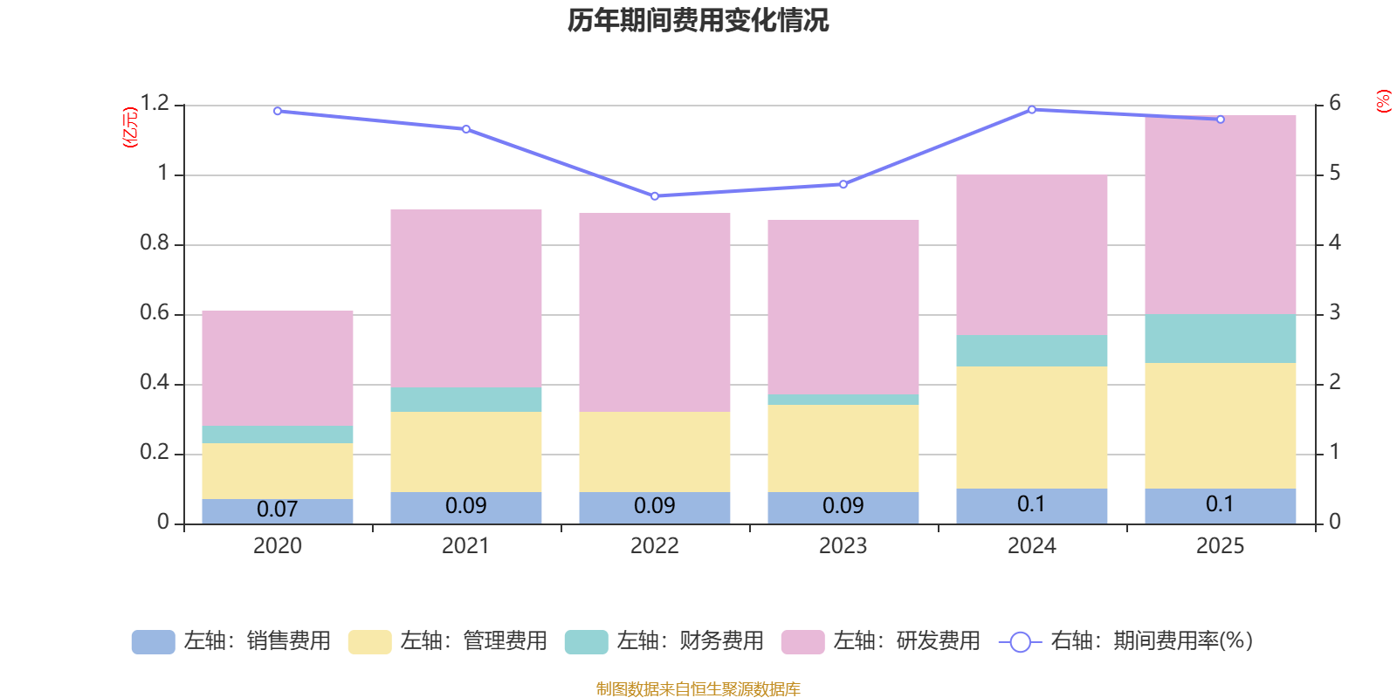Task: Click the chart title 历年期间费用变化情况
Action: click(698, 20)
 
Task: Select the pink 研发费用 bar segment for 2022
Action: click(654, 312)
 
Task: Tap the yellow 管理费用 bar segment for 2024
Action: click(1031, 428)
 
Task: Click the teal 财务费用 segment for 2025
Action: click(1220, 339)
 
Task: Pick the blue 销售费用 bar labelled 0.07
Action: click(278, 511)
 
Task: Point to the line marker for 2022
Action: click(655, 196)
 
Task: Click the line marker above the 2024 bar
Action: click(1031, 110)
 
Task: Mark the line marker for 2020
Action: click(278, 111)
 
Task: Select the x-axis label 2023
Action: click(843, 546)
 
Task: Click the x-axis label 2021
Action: click(466, 546)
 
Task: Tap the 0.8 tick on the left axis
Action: click(155, 243)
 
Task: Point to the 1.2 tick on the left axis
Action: click(155, 103)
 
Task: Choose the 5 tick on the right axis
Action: click(1335, 173)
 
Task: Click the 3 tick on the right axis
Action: click(1335, 312)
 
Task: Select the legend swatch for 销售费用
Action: click(154, 642)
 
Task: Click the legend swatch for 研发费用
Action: click(802, 642)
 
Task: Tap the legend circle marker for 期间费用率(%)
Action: click(1021, 642)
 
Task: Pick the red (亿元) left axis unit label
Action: click(130, 127)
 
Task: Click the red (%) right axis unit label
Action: click(1383, 101)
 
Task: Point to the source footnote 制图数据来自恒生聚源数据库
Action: click(698, 688)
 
